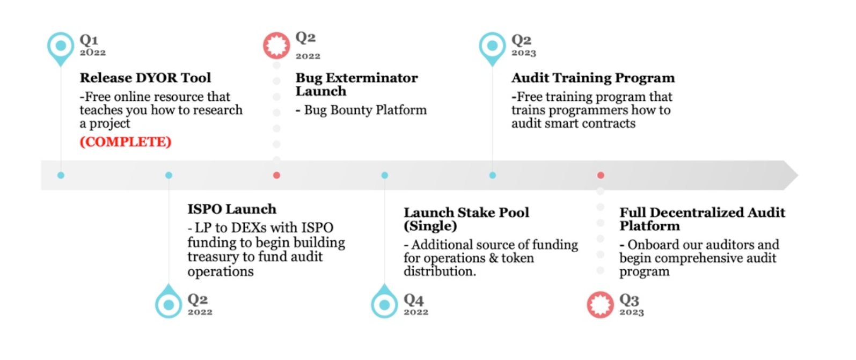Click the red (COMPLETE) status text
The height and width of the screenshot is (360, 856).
pyautogui.click(x=126, y=142)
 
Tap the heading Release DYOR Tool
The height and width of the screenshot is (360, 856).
pyautogui.click(x=145, y=78)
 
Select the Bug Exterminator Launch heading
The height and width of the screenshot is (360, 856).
pyautogui.click(x=356, y=84)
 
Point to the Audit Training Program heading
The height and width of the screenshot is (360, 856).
pyautogui.click(x=593, y=78)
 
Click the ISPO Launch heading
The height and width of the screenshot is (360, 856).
pyautogui.click(x=232, y=209)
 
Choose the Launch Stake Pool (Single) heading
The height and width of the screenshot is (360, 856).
pyautogui.click(x=466, y=219)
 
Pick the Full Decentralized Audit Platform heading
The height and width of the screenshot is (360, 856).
pyautogui.click(x=703, y=219)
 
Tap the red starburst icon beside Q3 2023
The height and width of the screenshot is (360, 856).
pyautogui.click(x=601, y=305)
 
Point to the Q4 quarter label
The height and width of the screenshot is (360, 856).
pyautogui.click(x=413, y=300)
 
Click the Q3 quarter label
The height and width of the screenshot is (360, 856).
pyautogui.click(x=630, y=300)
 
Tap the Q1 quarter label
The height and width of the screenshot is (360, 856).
pyautogui.click(x=89, y=40)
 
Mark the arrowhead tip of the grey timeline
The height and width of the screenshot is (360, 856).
pyautogui.click(x=798, y=175)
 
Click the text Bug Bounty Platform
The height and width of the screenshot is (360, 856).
pyautogui.click(x=365, y=110)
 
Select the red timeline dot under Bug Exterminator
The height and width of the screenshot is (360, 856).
pyautogui.click(x=277, y=175)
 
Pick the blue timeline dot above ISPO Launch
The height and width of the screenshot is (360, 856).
pyautogui.click(x=169, y=175)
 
